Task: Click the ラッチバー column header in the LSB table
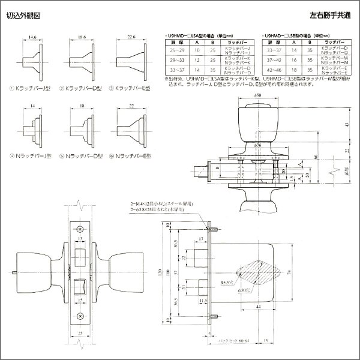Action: (x=332, y=43)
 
